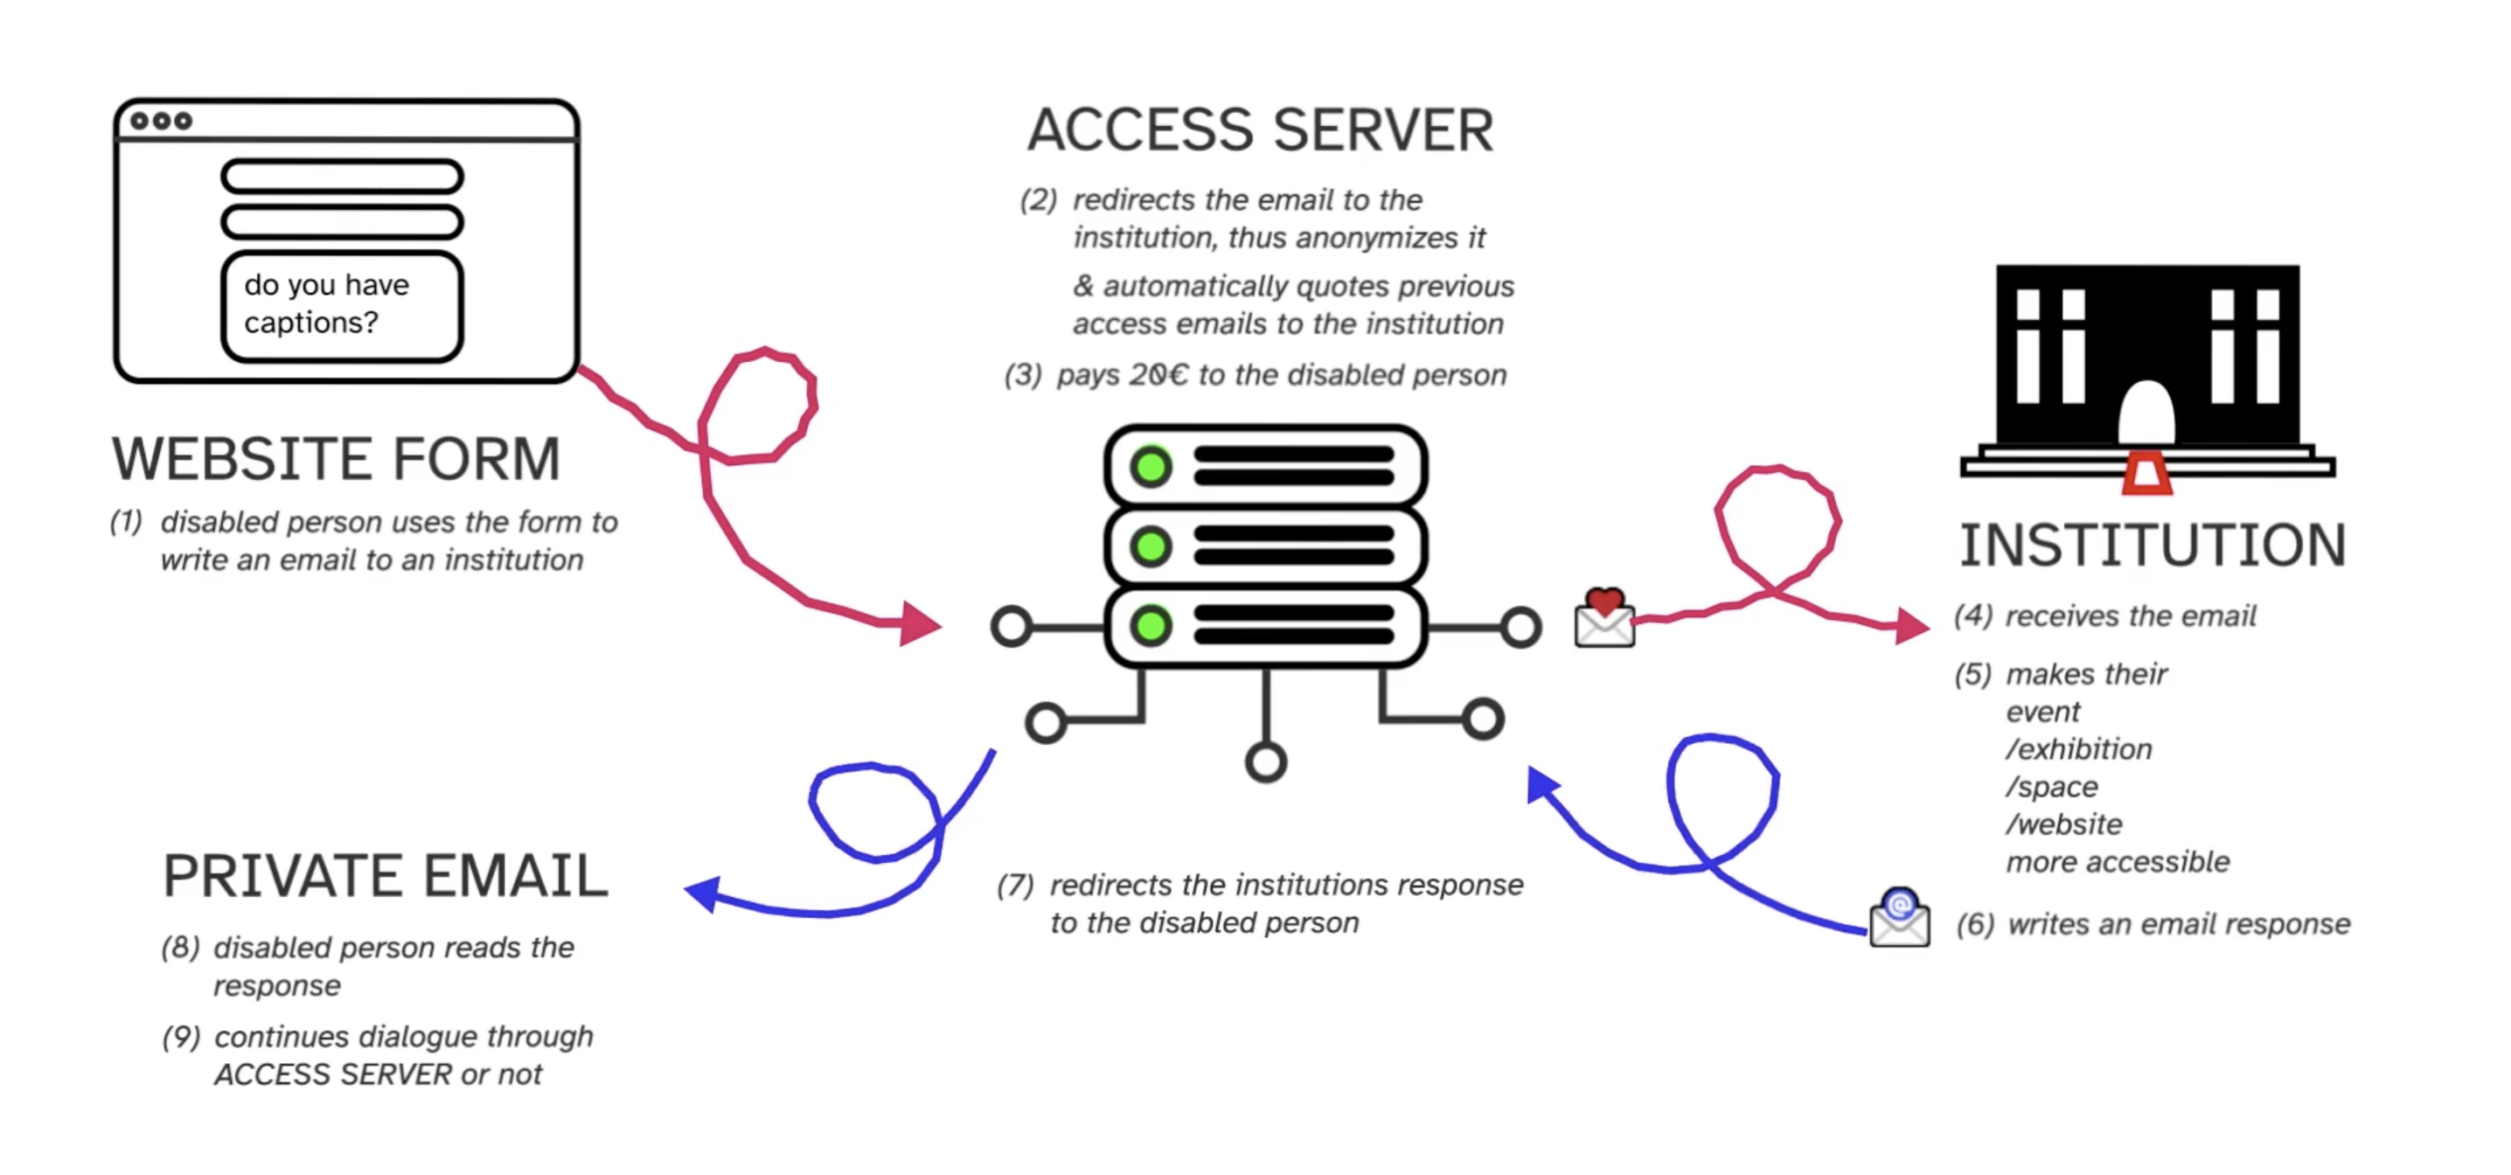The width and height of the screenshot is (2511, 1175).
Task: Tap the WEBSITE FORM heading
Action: [x=337, y=459]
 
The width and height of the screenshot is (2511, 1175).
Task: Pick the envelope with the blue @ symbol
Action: [x=1899, y=918]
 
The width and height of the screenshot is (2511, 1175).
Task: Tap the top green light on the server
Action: [x=1151, y=467]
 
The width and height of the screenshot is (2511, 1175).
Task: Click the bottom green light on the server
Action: [x=1151, y=625]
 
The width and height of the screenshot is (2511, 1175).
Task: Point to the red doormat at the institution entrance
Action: [x=2146, y=474]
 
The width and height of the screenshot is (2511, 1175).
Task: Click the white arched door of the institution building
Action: [x=2146, y=414]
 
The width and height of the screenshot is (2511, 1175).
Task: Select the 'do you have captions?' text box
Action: [x=342, y=305]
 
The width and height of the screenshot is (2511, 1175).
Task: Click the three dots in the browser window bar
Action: [x=162, y=121]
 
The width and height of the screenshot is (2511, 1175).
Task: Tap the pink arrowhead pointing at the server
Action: [x=919, y=623]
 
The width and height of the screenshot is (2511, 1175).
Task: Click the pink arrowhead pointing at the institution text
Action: [x=1910, y=624]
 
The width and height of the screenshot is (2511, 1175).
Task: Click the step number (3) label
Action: [x=1023, y=375]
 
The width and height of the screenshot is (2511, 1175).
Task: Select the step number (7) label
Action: [x=1015, y=886]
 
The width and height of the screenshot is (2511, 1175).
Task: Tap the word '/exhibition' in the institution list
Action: [x=2078, y=749]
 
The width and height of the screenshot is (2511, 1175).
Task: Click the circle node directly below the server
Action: [x=1265, y=762]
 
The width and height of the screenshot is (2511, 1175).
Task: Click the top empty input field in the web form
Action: [x=342, y=177]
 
